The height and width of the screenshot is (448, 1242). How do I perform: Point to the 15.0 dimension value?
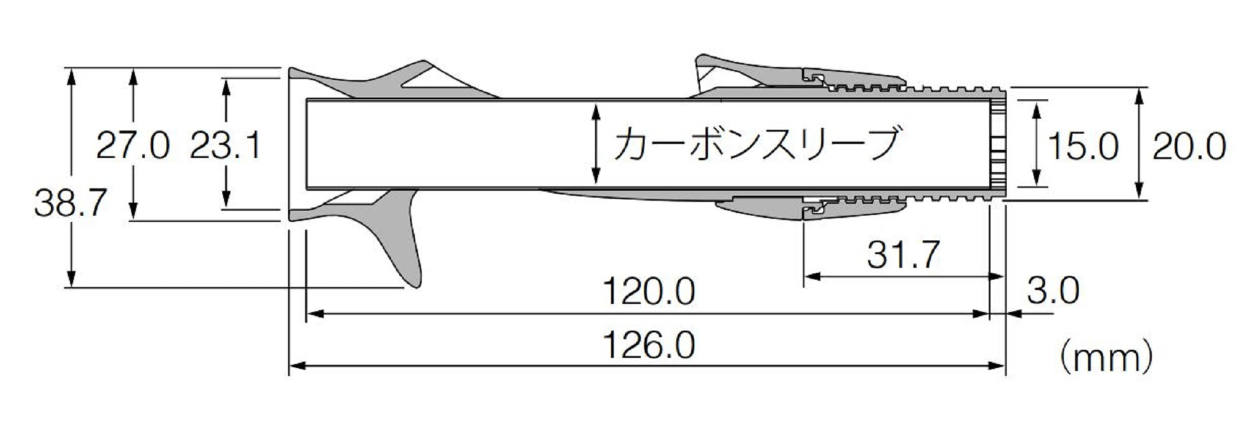pyautogui.click(x=1083, y=147)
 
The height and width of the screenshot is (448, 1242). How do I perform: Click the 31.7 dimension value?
pyautogui.click(x=903, y=254)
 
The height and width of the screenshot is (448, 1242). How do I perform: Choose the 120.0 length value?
pyautogui.click(x=649, y=292)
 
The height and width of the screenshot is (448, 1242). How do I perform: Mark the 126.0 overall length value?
pyautogui.click(x=649, y=345)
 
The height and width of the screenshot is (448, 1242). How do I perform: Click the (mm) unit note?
pyautogui.click(x=1105, y=359)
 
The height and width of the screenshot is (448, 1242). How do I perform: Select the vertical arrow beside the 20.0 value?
pyautogui.click(x=1139, y=144)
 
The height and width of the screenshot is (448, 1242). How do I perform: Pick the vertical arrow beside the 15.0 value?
pyautogui.click(x=1036, y=144)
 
